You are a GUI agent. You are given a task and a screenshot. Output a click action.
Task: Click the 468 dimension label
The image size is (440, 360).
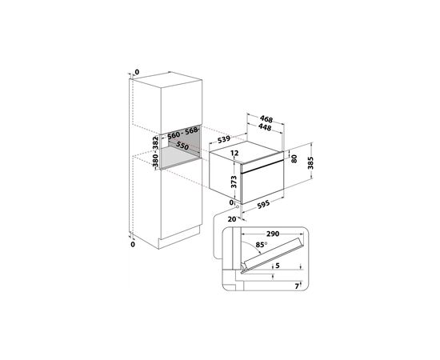pos(266,119)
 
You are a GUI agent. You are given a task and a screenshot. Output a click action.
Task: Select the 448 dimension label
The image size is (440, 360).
pos(265,127)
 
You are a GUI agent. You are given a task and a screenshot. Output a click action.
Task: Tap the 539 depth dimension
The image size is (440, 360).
pos(224,139)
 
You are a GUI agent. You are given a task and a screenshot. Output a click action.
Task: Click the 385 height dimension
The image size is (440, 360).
pos(310,163)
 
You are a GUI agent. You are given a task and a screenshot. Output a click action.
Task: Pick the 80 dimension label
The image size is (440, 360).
pos(294,159)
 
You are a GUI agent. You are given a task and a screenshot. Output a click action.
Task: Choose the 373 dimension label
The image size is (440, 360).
pos(234,182)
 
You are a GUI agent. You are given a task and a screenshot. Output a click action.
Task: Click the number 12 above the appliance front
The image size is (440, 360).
pos(234,153)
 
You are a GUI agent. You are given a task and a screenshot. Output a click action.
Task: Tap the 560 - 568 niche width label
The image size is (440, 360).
pos(182,133)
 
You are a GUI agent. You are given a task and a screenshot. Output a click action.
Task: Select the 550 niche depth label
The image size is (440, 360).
pos(182,146)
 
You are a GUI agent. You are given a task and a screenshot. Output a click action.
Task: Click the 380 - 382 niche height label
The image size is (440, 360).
pos(155,152)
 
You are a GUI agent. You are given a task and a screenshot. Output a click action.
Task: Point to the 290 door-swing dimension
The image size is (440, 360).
pos(273,234)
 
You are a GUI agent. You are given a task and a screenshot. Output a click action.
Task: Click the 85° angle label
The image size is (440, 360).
pos(261,245)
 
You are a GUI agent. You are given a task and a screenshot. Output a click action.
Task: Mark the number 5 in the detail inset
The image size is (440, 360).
pos(278,265)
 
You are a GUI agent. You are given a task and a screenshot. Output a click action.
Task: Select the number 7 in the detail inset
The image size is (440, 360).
pos(297,286)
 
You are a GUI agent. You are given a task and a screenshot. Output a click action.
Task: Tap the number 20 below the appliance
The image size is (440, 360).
pos(232,219)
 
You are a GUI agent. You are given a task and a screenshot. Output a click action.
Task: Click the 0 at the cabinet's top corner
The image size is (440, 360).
pos(137,72)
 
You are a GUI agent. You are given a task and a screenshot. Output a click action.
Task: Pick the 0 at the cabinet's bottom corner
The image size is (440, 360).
pos(133,244)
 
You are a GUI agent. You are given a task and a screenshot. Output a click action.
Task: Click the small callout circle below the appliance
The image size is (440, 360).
pos(238,207)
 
